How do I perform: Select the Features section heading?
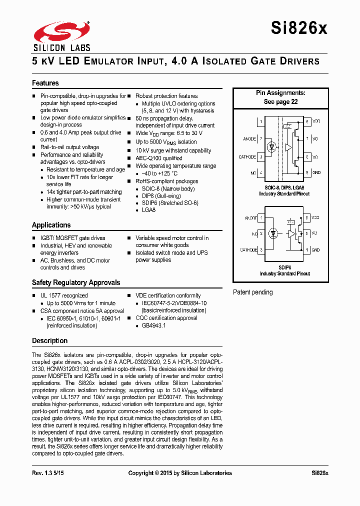[45, 83]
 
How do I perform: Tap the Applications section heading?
[51, 225]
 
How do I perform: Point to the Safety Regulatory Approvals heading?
[76, 282]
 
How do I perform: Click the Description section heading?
[49, 340]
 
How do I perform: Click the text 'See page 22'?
[280, 101]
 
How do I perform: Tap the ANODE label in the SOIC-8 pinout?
[249, 139]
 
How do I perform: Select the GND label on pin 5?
[316, 172]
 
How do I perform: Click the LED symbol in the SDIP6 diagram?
[273, 234]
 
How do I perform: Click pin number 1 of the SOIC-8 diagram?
[260, 121]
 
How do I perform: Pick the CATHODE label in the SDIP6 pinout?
[248, 249]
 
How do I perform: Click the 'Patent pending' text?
[253, 292]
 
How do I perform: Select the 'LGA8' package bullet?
[149, 210]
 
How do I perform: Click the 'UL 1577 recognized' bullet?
[64, 295]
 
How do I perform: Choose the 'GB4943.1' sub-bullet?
[154, 325]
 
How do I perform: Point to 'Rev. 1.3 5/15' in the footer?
[48, 473]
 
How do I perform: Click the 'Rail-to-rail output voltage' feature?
[69, 147]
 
